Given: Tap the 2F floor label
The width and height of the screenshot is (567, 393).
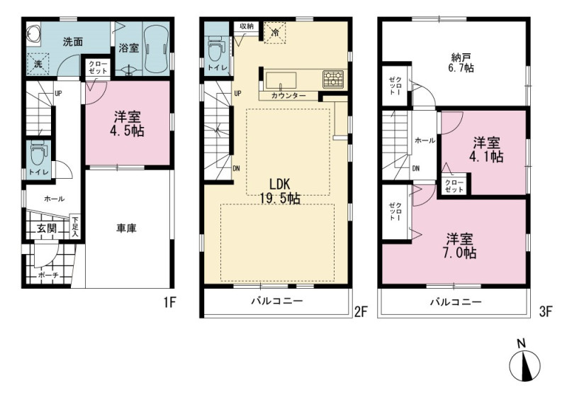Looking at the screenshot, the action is (361, 311).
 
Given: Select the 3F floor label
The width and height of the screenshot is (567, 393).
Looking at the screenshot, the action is (546, 311).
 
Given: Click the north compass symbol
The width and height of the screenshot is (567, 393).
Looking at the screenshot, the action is (524, 362).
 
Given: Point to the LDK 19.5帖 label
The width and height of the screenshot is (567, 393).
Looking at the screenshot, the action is (280, 191).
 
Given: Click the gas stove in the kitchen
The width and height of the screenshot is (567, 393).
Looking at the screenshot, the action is (333, 79).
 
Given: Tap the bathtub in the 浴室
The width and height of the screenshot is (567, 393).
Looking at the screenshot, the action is (156, 49).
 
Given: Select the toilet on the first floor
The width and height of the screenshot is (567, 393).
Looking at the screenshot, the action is (38, 155).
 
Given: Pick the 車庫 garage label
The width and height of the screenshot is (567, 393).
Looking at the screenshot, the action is (126, 228).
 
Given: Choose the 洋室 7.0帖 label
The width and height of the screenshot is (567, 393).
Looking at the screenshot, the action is (459, 245).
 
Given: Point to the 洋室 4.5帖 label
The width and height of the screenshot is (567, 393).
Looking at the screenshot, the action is (128, 123).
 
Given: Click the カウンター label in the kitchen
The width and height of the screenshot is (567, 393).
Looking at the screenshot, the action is (288, 96).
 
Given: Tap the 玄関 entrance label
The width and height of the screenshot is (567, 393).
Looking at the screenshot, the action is (47, 228).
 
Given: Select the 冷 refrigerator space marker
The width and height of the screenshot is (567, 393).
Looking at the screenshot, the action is (275, 33).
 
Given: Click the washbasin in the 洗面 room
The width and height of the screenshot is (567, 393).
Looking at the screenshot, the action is (33, 35).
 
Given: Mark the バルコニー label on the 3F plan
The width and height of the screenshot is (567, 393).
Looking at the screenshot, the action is (456, 301).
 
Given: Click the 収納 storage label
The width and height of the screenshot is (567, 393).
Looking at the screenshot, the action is (246, 26).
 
